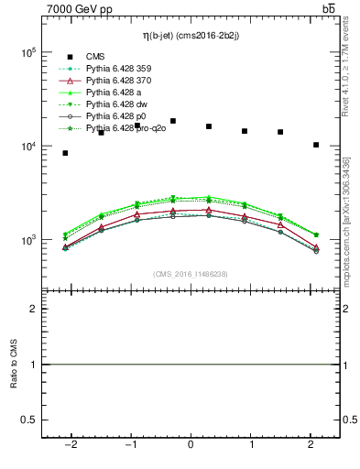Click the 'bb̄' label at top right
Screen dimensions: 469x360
pos(329,8)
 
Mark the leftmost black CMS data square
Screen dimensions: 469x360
pos(65,153)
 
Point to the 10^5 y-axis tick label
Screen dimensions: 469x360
pos(29,52)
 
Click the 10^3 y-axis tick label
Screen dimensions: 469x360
pos(29,240)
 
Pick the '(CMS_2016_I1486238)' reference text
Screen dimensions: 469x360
pos(191,274)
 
